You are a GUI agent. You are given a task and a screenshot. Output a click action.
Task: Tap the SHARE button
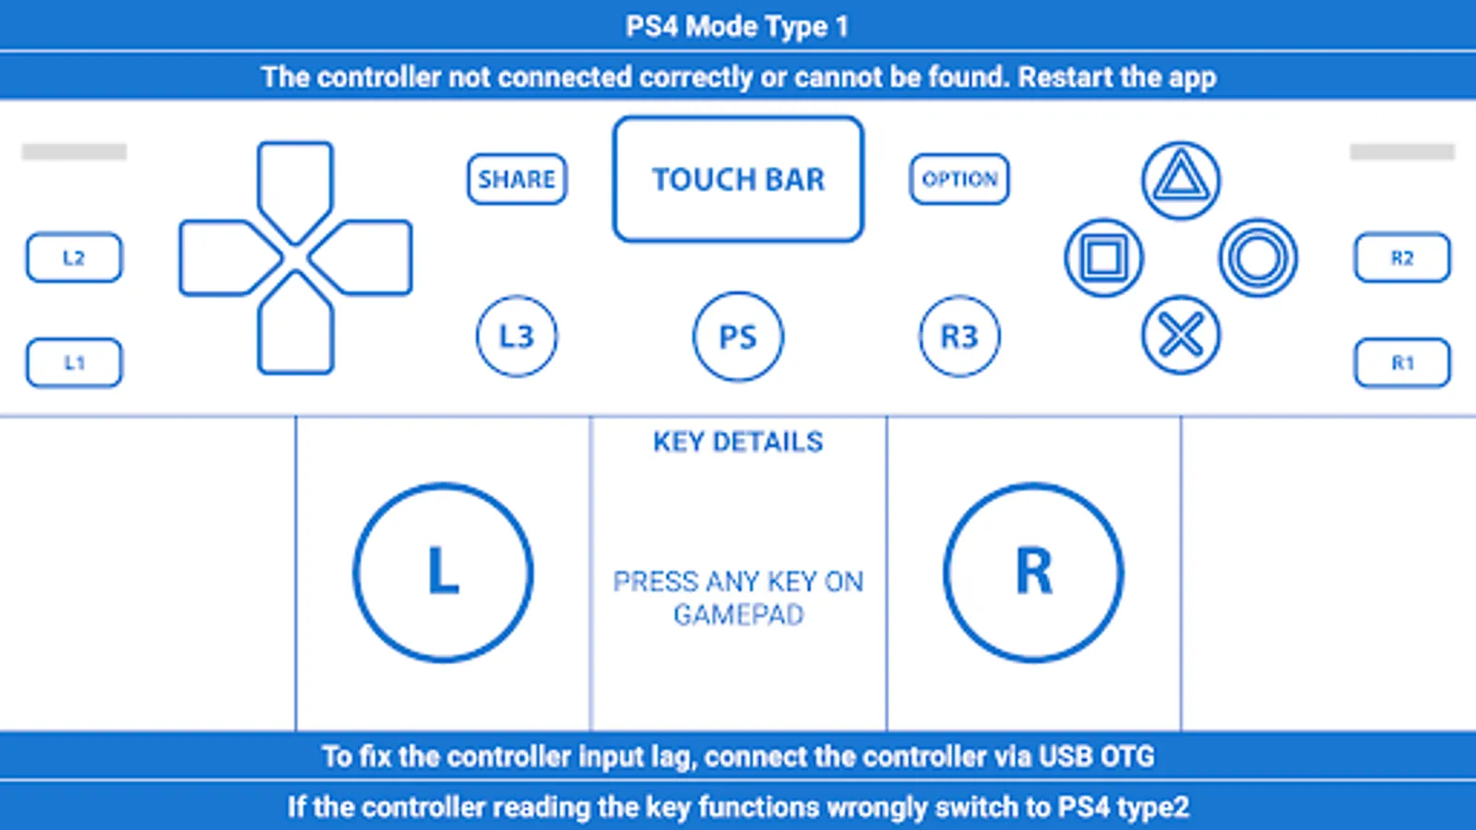click(x=517, y=179)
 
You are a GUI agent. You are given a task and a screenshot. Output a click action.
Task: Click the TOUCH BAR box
click(x=738, y=179)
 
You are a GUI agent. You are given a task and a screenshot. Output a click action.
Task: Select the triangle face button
click(x=1181, y=180)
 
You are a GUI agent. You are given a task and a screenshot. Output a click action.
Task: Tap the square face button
click(x=1103, y=257)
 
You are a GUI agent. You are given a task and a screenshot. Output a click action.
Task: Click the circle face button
click(x=1258, y=257)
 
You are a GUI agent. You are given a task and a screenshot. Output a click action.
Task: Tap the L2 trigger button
click(x=74, y=257)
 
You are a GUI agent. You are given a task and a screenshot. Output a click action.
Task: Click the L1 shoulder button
click(x=74, y=363)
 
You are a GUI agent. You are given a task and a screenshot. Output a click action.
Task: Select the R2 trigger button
click(x=1402, y=257)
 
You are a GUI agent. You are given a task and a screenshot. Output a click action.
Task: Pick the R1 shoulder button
click(x=1402, y=363)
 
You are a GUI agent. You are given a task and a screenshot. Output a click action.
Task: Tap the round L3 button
click(x=517, y=337)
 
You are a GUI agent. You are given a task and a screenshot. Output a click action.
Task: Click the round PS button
click(x=738, y=337)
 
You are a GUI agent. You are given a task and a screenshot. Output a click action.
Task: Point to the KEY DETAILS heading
click(x=738, y=442)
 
